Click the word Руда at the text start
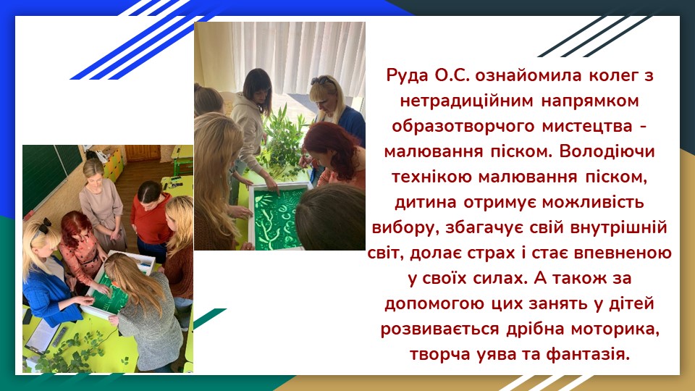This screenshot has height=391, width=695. (x=408, y=75)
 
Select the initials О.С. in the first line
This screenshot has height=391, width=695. (x=452, y=75)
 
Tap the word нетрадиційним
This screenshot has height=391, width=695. (x=466, y=101)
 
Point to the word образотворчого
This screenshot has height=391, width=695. (x=463, y=126)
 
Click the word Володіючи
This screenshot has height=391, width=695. (x=607, y=151)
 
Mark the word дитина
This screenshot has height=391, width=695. (x=426, y=202)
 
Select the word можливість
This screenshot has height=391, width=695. (x=593, y=202)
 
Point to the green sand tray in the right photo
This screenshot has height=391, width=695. (x=277, y=217)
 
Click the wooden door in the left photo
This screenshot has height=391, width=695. (x=143, y=153)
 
